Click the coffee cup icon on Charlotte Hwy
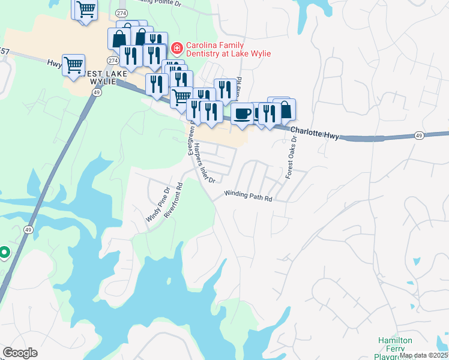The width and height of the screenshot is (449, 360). click(x=242, y=113)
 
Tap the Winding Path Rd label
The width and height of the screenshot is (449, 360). click(x=249, y=195)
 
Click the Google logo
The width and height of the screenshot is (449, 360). click(x=20, y=353)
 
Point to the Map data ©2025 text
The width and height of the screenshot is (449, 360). click(x=424, y=355)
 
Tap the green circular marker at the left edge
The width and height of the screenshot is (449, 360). click(x=4, y=253)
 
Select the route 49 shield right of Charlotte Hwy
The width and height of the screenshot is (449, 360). click(x=418, y=136)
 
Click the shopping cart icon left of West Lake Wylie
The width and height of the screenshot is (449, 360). click(x=73, y=64)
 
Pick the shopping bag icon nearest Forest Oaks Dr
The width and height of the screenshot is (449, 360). click(x=285, y=109)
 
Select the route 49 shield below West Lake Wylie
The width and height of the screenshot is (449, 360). click(x=97, y=92)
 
